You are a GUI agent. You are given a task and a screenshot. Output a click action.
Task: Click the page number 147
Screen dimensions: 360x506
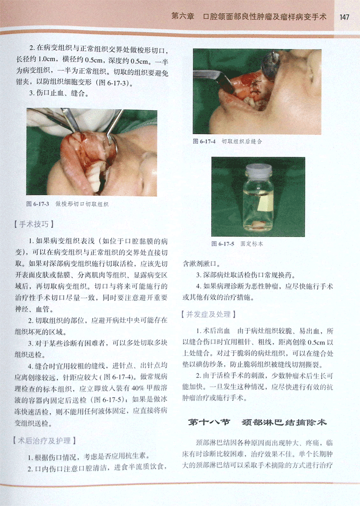(x=344, y=17)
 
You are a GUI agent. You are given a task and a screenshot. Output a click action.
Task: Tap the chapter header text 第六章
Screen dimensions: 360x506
(x=183, y=16)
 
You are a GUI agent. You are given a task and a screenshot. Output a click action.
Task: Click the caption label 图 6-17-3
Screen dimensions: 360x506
(x=38, y=204)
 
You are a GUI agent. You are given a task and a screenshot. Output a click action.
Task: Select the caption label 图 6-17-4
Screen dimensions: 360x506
(x=204, y=142)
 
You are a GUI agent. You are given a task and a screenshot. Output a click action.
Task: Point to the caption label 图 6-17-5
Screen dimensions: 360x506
(x=223, y=244)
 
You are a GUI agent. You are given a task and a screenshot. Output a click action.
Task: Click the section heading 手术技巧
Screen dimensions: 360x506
(x=34, y=224)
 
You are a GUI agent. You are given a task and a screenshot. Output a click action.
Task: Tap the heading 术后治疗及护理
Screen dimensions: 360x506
(x=44, y=441)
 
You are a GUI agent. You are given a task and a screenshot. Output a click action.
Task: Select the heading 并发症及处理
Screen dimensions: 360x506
(x=208, y=314)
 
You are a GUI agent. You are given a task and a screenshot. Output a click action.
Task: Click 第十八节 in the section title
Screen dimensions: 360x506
(x=209, y=422)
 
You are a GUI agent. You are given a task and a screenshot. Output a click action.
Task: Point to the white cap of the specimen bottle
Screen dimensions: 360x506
(x=258, y=169)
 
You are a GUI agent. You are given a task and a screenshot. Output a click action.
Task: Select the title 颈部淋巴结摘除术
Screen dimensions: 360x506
(x=284, y=422)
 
